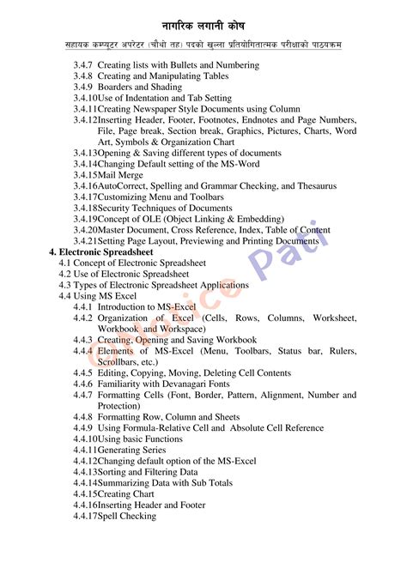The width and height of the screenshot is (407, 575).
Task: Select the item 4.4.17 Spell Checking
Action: (x=126, y=517)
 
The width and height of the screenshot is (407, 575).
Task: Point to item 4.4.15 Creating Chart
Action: (x=125, y=494)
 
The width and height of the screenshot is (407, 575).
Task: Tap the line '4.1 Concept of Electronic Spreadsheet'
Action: (x=132, y=263)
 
